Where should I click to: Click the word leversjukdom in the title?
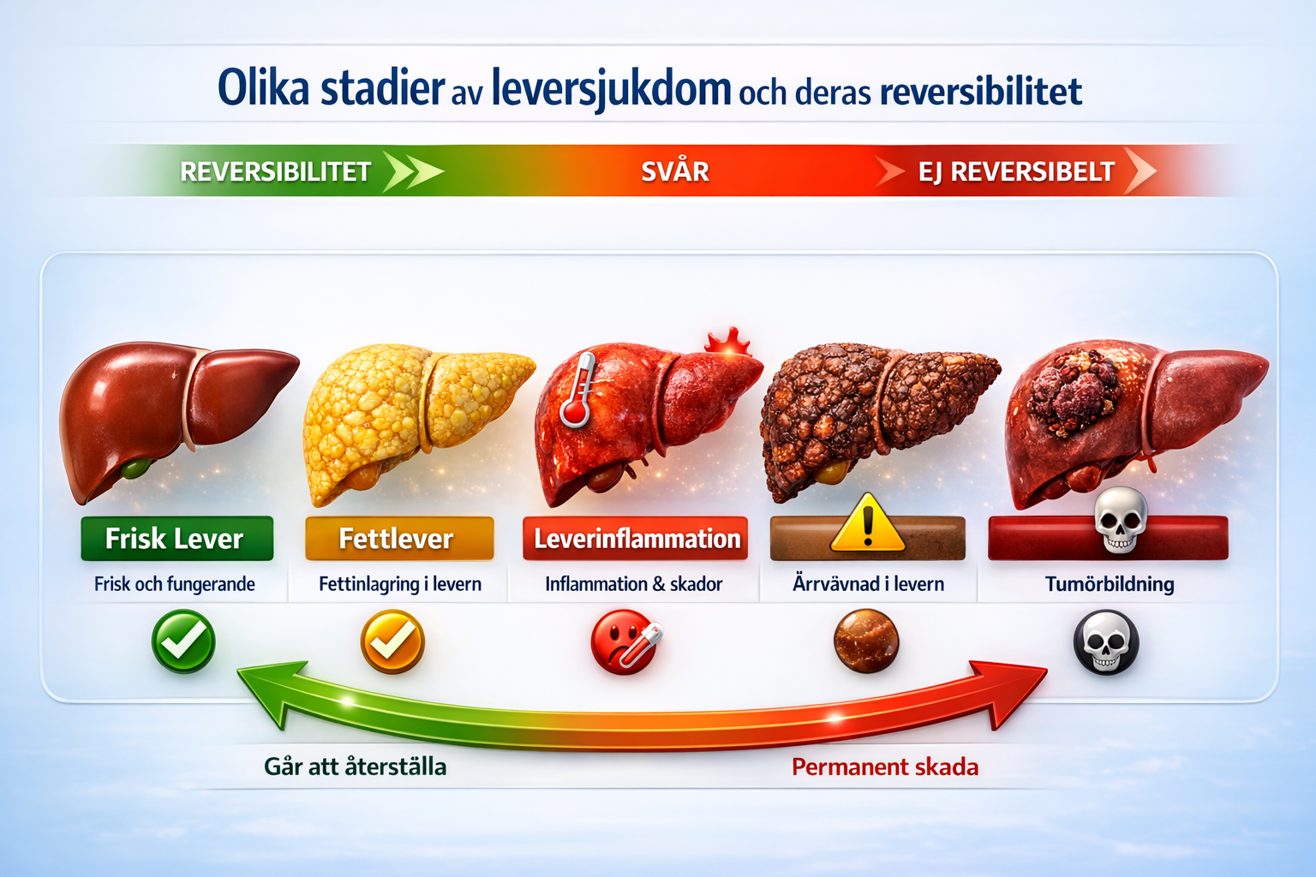611,89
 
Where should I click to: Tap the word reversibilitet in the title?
980,92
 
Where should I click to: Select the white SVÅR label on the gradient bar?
675,171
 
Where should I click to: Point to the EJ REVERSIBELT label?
1016,171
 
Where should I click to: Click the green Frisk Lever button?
176,538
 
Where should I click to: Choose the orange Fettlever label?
399,538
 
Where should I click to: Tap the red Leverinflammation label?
635,538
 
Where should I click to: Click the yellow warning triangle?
867,522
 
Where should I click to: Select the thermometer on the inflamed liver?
578,389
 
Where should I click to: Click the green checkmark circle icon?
183,641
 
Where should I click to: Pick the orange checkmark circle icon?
392,641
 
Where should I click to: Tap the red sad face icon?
624,641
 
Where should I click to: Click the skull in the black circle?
1106,642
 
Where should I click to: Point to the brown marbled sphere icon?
866,641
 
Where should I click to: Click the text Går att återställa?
355,767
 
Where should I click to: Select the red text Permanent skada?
885,767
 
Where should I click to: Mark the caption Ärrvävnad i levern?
868,584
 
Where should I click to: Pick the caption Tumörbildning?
1110,584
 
